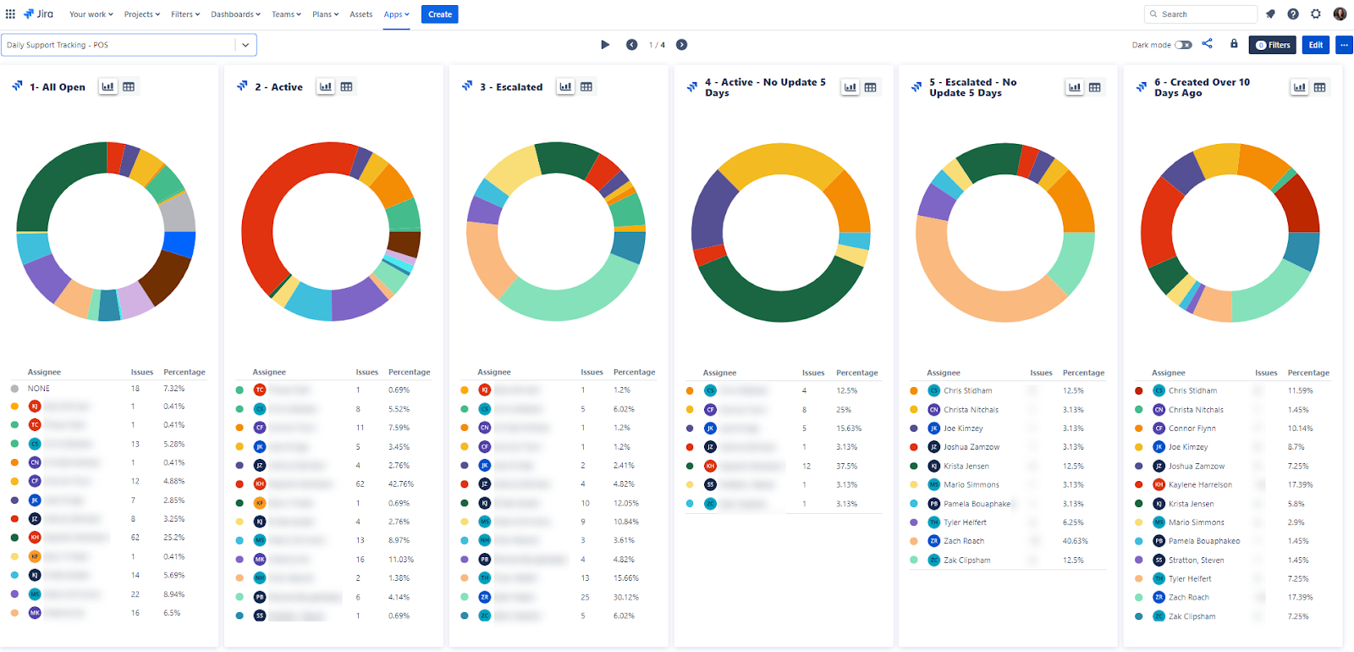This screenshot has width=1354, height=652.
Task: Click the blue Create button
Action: [x=439, y=14]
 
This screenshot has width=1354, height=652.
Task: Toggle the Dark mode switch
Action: [x=1183, y=45]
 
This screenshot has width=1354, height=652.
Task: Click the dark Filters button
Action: [x=1272, y=45]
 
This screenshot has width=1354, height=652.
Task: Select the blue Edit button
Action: [x=1316, y=45]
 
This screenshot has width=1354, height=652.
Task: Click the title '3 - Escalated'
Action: [x=510, y=87]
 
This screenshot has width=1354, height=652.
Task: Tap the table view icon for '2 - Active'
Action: [x=347, y=86]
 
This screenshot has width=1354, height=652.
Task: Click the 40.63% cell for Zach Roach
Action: [x=1076, y=541]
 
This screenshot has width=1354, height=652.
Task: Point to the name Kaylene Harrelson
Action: [x=1200, y=485]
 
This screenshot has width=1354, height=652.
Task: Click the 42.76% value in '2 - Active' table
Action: [x=400, y=484]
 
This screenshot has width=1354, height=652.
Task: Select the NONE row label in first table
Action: [x=39, y=389]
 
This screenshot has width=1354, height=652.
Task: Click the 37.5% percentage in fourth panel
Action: [x=846, y=466]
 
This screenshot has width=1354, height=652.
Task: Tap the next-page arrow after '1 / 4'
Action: [x=682, y=45]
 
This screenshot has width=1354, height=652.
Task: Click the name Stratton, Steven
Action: [x=1196, y=561]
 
